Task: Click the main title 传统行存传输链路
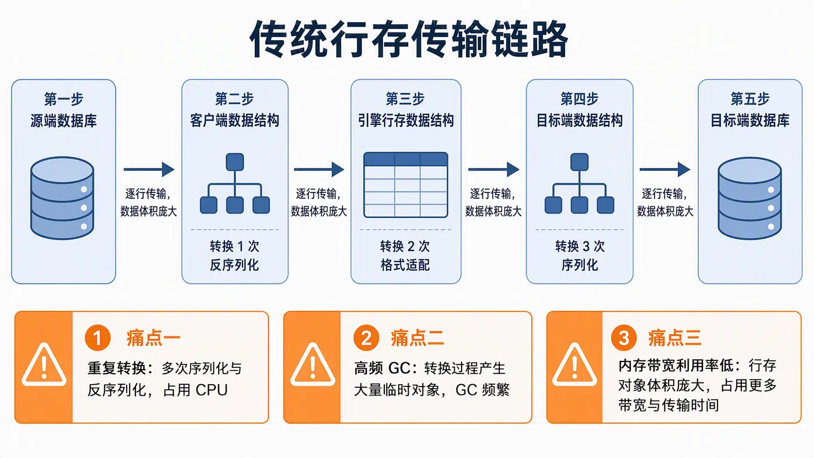(409, 39)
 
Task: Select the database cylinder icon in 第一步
(62, 198)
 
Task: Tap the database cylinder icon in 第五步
(749, 198)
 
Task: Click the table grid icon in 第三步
(406, 185)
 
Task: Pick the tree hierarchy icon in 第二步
(235, 184)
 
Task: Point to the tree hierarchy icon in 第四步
(579, 184)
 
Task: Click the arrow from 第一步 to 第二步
(149, 169)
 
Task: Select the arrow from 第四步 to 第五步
(665, 169)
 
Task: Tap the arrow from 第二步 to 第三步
(319, 169)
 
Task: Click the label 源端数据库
(63, 120)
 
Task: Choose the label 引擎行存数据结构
(406, 120)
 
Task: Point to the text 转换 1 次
(234, 246)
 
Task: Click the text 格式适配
(405, 265)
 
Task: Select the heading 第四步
(579, 99)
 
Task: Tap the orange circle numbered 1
(98, 338)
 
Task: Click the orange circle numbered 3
(623, 338)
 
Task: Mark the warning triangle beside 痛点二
(313, 364)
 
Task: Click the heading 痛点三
(674, 338)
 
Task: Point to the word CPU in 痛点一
(212, 390)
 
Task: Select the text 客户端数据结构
(234, 120)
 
